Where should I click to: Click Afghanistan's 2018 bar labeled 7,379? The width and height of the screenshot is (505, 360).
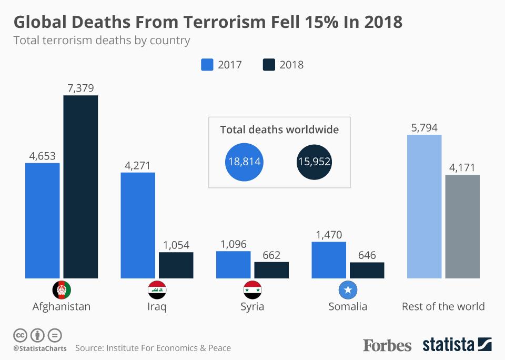coord(80,187)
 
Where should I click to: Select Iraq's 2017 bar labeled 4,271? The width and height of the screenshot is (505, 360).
coord(138,225)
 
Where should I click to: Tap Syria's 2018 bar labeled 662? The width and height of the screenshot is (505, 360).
coord(271,270)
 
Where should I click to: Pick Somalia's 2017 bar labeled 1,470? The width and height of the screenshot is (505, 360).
coord(329,260)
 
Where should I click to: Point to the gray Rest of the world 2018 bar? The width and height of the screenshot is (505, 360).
coord(462,226)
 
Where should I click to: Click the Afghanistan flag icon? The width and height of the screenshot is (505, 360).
coord(62,290)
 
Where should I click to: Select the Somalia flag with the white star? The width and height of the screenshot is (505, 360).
coord(348,290)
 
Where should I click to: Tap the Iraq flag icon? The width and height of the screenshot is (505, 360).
coord(157,290)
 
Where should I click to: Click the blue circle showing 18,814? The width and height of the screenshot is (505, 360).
coord(244,162)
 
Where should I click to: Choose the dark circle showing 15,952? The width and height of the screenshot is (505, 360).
coord(314,162)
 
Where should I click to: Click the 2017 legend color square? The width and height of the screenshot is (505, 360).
coord(207,65)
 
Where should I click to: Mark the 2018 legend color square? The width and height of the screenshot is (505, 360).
coord(268,65)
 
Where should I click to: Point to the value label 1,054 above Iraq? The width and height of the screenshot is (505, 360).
coord(176,245)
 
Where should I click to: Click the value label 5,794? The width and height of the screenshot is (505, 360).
coord(424,127)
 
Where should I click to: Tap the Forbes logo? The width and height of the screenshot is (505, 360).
coord(387,345)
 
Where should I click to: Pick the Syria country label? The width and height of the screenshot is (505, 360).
coord(252,307)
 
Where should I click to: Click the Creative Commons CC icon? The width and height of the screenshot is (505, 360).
coord(20,335)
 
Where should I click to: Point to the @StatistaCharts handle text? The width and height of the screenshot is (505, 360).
coord(39,348)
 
